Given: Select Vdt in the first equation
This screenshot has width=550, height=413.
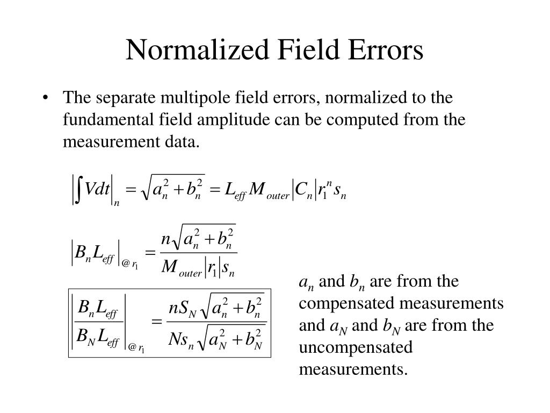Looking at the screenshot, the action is point(98,189).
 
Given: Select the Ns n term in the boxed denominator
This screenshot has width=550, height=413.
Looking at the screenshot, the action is point(181,340).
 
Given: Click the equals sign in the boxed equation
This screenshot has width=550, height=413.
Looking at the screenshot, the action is point(157,323).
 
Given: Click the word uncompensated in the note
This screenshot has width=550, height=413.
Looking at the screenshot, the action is point(356,347).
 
